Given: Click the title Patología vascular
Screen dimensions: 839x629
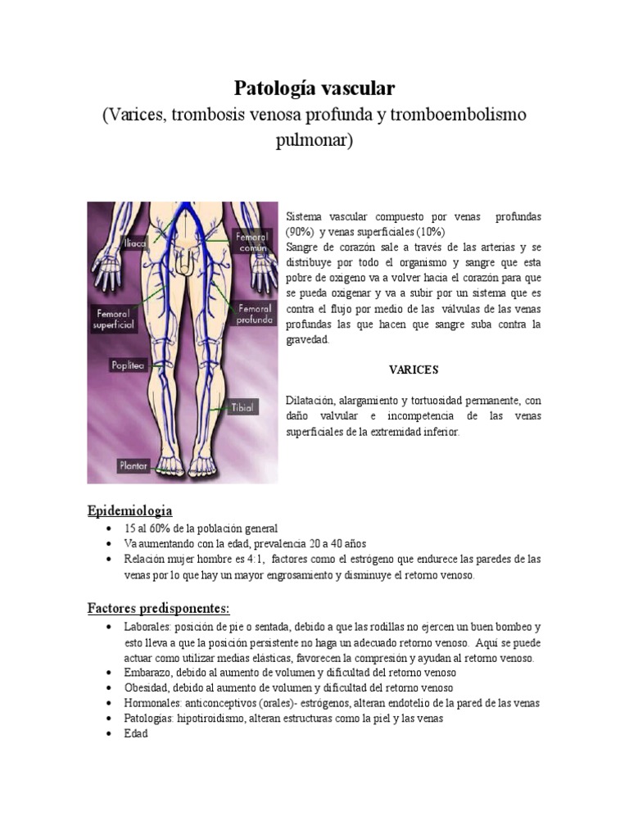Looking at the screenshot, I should coord(314,87).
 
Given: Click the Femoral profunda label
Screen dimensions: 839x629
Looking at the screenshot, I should coord(253,315).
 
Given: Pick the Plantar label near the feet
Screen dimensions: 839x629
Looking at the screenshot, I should coord(131,465).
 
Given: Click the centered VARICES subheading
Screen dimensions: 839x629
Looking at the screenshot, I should coord(413,370).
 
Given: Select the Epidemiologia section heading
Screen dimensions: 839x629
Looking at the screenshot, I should coord(130,511).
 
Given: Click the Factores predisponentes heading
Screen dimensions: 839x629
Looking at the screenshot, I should coord(159,609).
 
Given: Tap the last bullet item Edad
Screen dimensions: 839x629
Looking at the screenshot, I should coord(137,734).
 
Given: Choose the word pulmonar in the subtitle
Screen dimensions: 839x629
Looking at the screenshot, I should coord(314,140).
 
